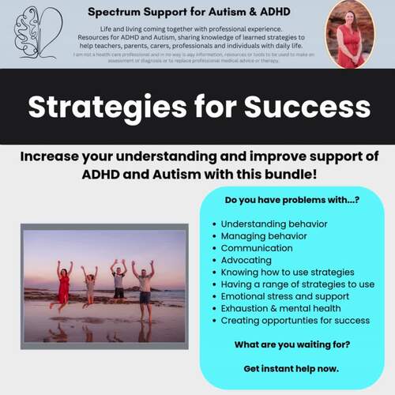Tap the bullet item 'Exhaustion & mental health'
point(280,308)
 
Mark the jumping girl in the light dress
point(89,286)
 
